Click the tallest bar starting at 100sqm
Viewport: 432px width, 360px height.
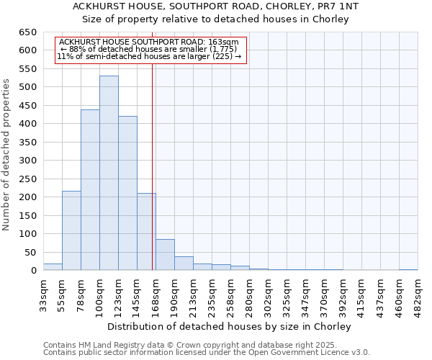(x=109, y=173)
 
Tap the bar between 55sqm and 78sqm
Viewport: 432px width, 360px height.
(x=71, y=230)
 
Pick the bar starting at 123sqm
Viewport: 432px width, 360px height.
(x=127, y=193)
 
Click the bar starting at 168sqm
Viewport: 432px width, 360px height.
(x=165, y=255)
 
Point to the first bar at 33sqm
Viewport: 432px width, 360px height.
(x=53, y=267)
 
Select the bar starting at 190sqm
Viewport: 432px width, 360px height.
(x=184, y=264)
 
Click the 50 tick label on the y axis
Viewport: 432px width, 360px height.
(x=30, y=252)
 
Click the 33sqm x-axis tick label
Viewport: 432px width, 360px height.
(x=44, y=294)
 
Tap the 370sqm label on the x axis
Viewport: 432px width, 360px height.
(x=325, y=294)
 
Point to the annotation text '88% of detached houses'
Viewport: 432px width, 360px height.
(x=151, y=49)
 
